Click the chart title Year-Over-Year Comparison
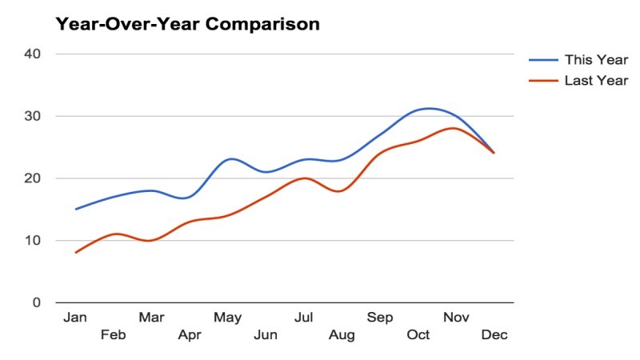click(187, 24)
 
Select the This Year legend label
click(596, 60)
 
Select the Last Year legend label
click(596, 80)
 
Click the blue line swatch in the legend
click(543, 60)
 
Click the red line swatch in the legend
click(543, 80)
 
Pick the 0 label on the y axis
click(37, 302)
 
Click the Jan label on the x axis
click(75, 318)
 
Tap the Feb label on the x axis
click(113, 334)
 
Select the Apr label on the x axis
click(189, 334)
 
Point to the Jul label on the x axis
click(303, 318)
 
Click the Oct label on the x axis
click(418, 334)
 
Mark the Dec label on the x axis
click(494, 334)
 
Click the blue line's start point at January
click(75, 209)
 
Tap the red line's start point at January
click(75, 253)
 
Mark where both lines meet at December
click(494, 153)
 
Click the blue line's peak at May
click(230, 159)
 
